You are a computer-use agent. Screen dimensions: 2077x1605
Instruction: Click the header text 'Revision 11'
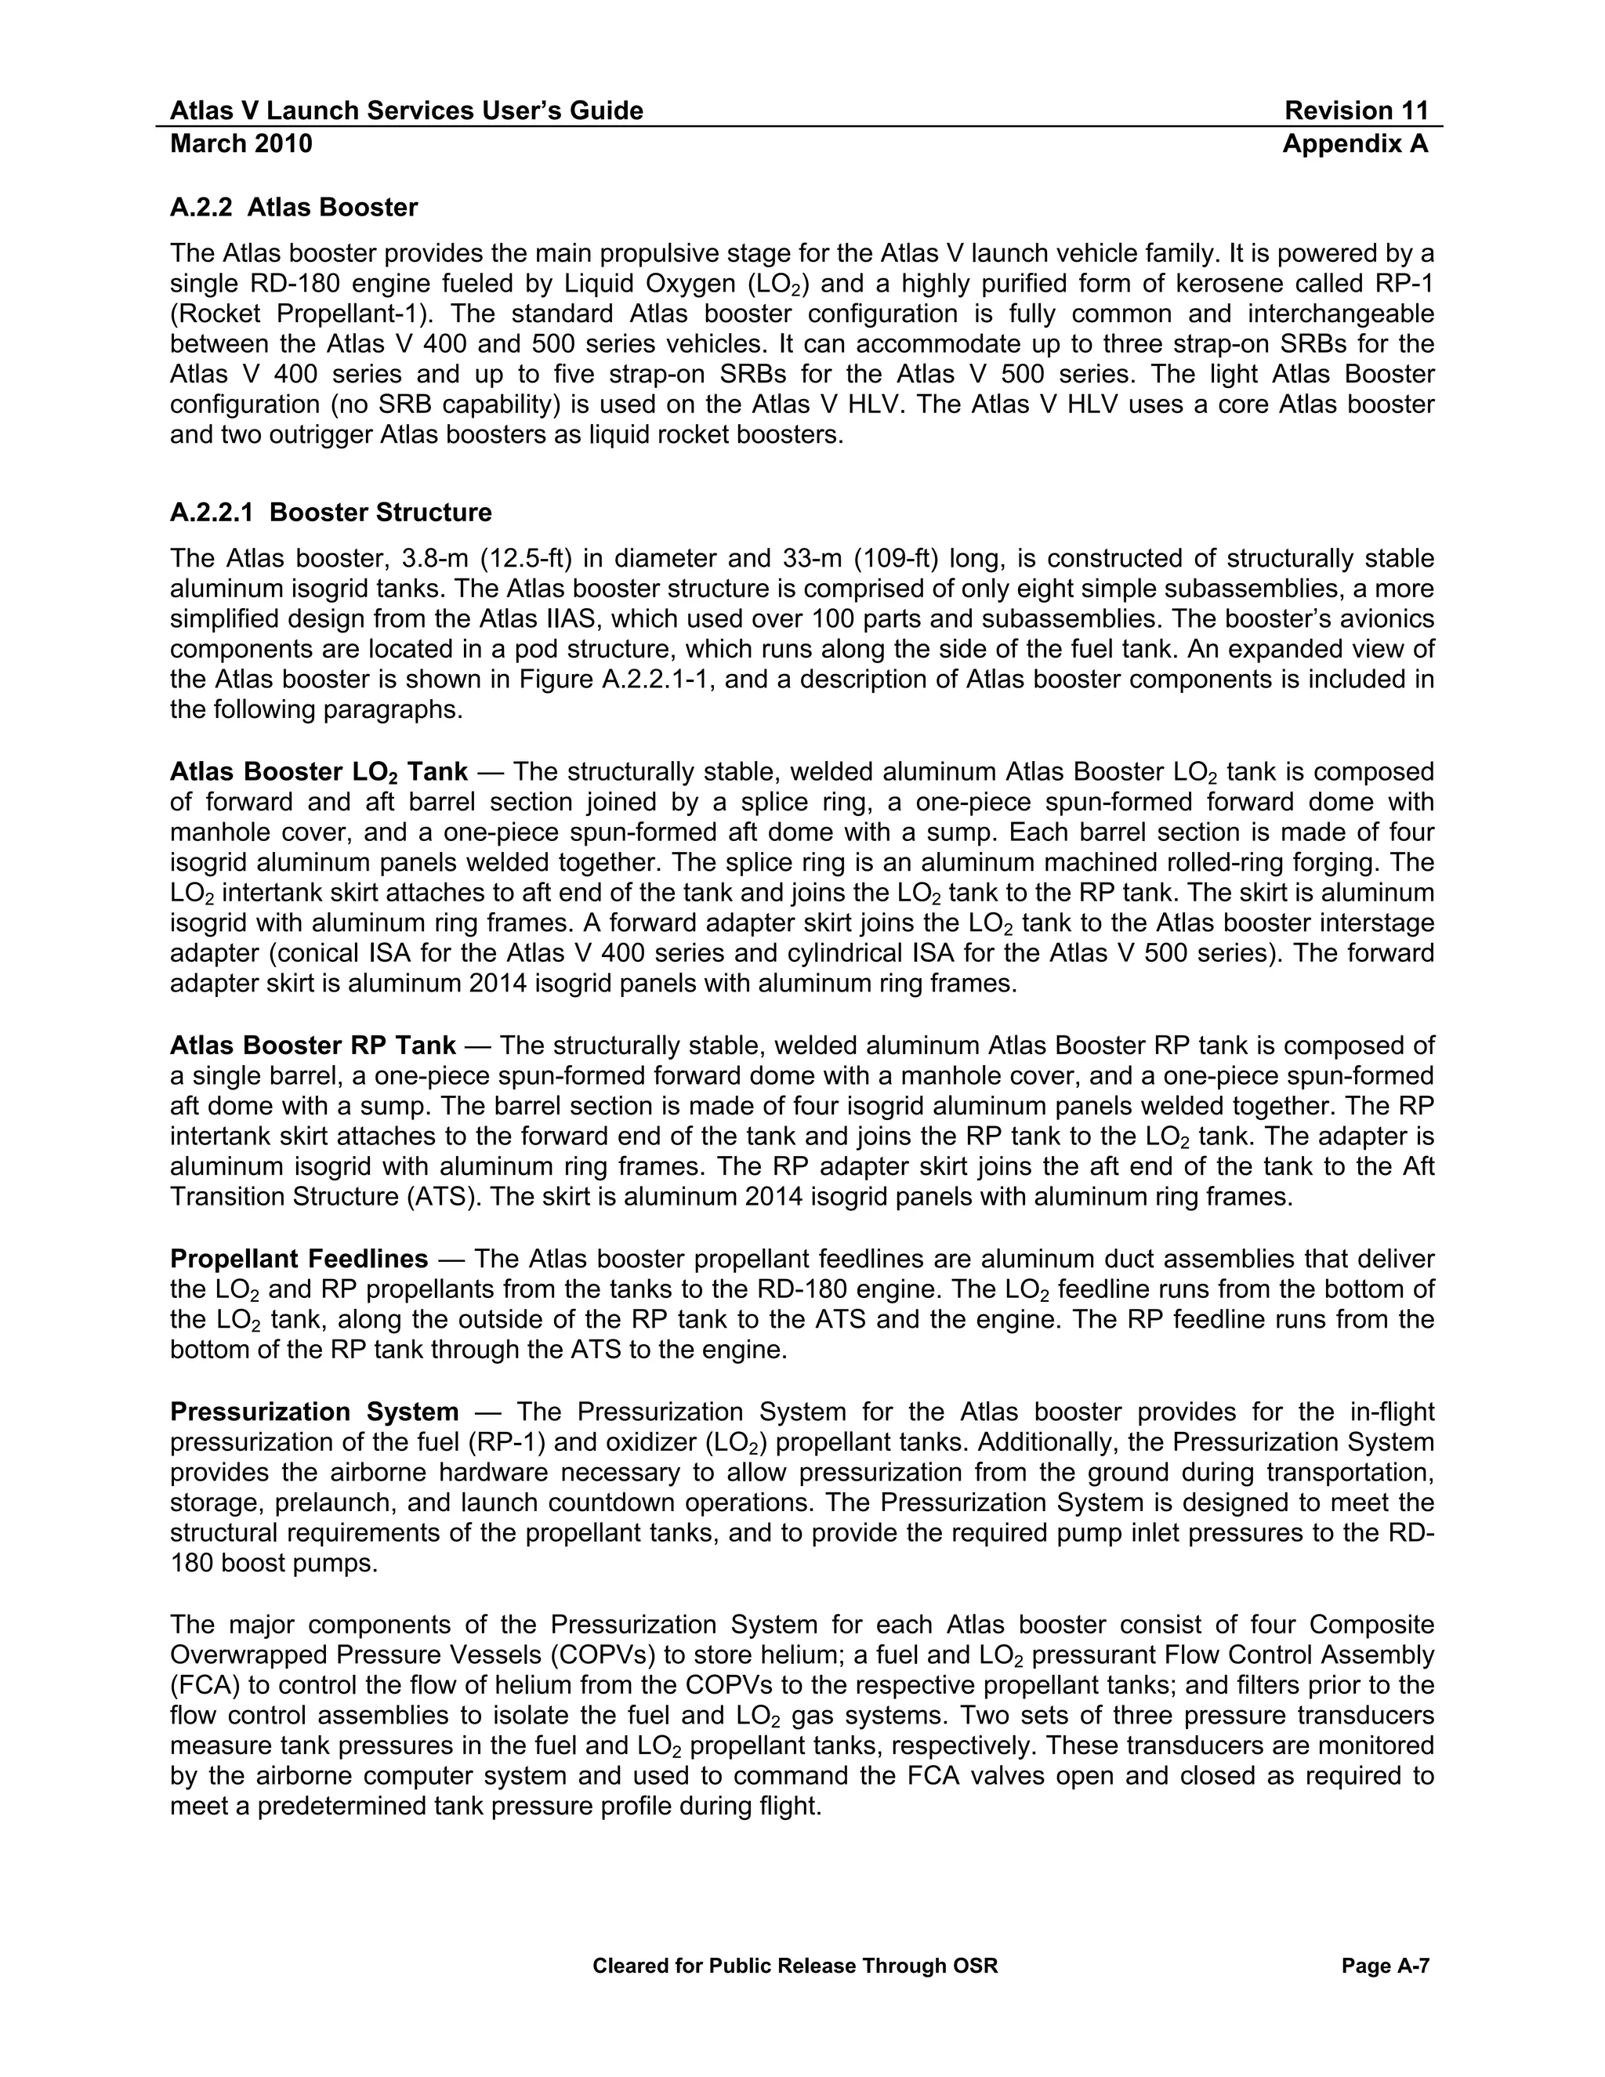click(1355, 111)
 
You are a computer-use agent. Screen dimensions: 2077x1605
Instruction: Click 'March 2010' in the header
click(241, 143)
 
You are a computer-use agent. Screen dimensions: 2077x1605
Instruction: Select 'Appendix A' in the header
click(1354, 143)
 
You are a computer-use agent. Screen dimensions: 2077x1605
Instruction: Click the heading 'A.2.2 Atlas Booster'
click(294, 208)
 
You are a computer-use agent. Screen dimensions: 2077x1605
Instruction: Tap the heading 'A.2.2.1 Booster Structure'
click(330, 513)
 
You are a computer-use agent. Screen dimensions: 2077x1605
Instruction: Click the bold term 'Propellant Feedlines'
click(299, 1260)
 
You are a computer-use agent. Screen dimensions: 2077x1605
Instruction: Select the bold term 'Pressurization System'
click(313, 1412)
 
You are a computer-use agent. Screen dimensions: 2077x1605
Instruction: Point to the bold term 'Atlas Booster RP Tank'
click(313, 1045)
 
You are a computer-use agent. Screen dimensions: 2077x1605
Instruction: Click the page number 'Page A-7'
click(1385, 1966)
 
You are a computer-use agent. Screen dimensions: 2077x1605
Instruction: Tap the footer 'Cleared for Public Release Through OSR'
click(795, 1966)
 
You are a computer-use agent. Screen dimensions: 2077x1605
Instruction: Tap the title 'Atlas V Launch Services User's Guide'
click(406, 111)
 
